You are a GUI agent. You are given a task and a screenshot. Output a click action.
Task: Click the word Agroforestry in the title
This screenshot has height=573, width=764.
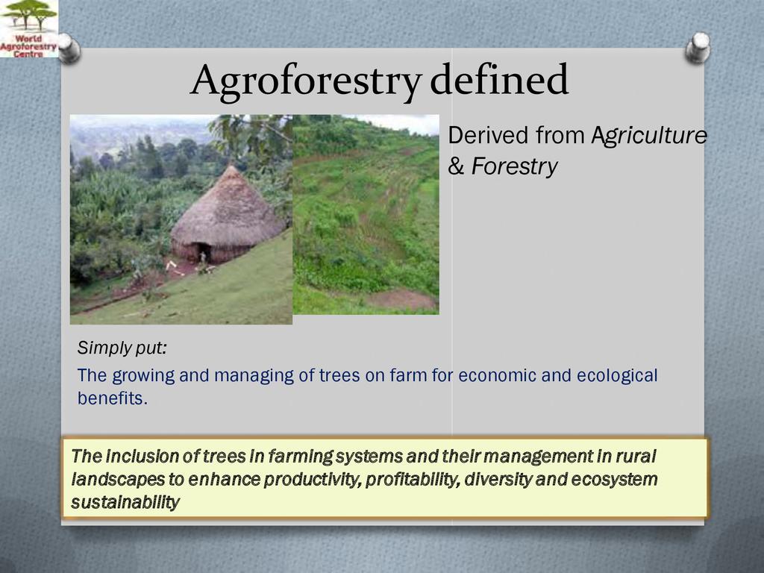306,81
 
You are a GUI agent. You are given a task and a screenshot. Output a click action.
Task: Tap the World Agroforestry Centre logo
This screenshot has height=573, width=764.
29,29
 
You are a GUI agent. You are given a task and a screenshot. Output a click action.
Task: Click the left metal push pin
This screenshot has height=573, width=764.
69,48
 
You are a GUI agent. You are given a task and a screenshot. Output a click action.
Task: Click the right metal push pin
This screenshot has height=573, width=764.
698,48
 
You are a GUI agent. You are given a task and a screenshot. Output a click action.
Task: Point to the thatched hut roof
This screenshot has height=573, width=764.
228,208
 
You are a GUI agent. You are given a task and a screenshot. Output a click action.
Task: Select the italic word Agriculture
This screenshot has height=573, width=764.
649,136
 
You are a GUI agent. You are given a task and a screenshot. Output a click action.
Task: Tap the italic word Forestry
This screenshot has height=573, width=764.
514,166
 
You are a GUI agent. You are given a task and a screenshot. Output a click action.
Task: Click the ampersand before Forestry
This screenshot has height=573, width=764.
456,166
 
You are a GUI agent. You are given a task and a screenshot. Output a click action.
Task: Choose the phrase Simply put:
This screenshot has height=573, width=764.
122,348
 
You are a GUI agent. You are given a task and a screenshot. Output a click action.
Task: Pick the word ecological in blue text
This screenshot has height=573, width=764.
617,376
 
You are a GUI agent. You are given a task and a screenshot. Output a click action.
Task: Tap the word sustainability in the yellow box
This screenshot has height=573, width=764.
125,502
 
